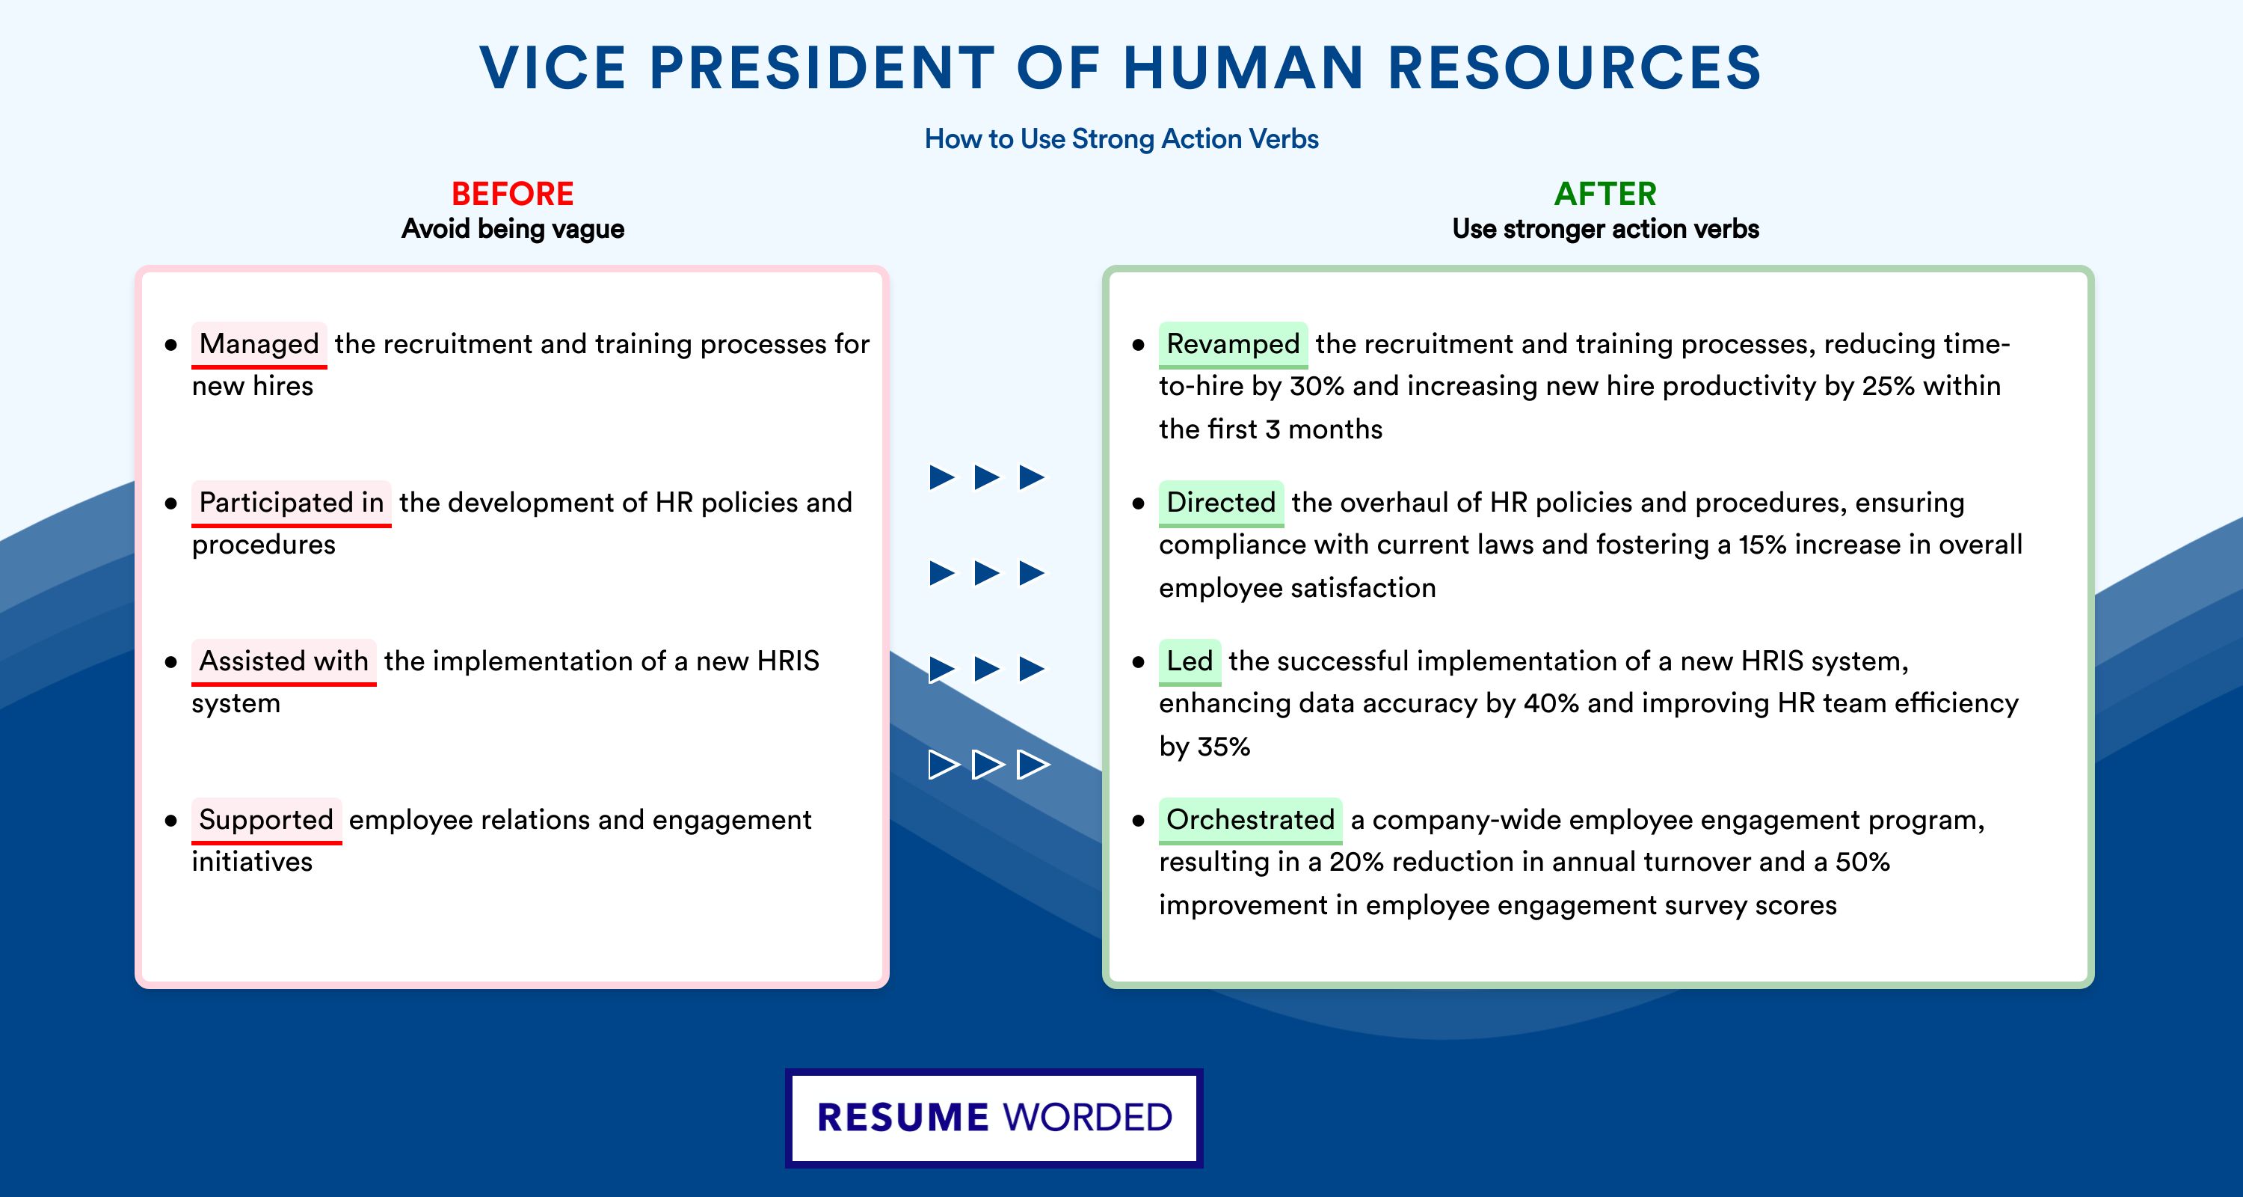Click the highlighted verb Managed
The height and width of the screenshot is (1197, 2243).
259,344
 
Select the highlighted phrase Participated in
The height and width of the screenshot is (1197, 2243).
291,503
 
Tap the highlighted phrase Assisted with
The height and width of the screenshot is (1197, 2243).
284,661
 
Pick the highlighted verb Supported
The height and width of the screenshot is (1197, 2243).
266,820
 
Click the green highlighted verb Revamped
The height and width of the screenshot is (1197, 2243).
1233,344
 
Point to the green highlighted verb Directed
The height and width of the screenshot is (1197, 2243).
1221,503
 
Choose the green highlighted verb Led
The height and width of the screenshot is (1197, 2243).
1190,661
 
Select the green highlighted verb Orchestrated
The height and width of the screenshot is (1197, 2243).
1250,820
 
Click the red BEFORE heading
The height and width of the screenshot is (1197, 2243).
513,194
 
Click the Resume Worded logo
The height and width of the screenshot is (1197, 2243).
994,1118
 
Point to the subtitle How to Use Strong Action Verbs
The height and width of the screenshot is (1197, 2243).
1121,138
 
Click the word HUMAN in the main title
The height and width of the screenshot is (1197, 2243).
1243,68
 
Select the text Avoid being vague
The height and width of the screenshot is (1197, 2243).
513,229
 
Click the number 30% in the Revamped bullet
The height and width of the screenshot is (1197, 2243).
1317,386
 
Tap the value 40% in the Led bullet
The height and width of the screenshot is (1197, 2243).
1551,703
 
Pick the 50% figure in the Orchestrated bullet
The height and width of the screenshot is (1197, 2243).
1862,862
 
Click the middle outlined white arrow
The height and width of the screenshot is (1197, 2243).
988,765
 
